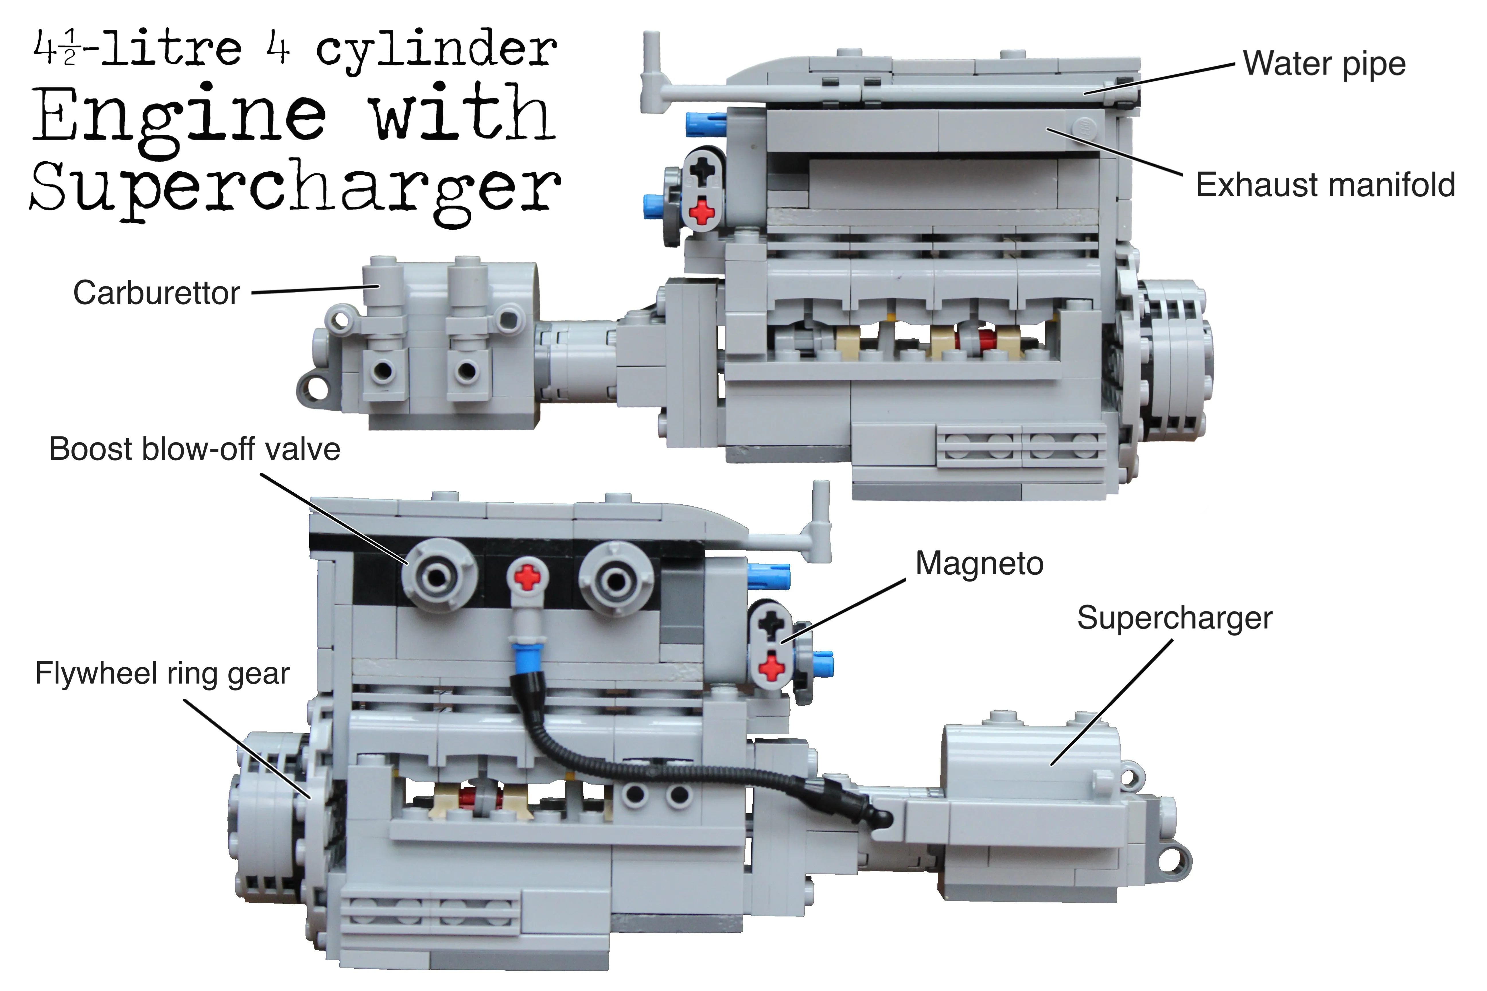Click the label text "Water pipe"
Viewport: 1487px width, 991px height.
[1324, 64]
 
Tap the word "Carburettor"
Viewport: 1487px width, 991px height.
[156, 293]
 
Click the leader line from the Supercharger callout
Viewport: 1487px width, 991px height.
[1113, 702]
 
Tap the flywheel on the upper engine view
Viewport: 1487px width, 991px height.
[1170, 360]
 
